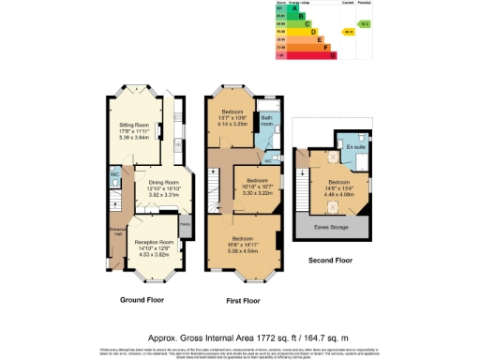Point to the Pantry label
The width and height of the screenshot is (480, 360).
tap(185, 224)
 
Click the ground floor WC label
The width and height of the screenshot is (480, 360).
tap(114, 173)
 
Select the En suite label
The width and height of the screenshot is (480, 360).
tap(353, 148)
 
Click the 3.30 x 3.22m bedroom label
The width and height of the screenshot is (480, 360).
tap(257, 187)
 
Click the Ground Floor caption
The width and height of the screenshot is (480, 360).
tap(143, 300)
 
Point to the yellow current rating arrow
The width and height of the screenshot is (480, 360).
tap(349, 31)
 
